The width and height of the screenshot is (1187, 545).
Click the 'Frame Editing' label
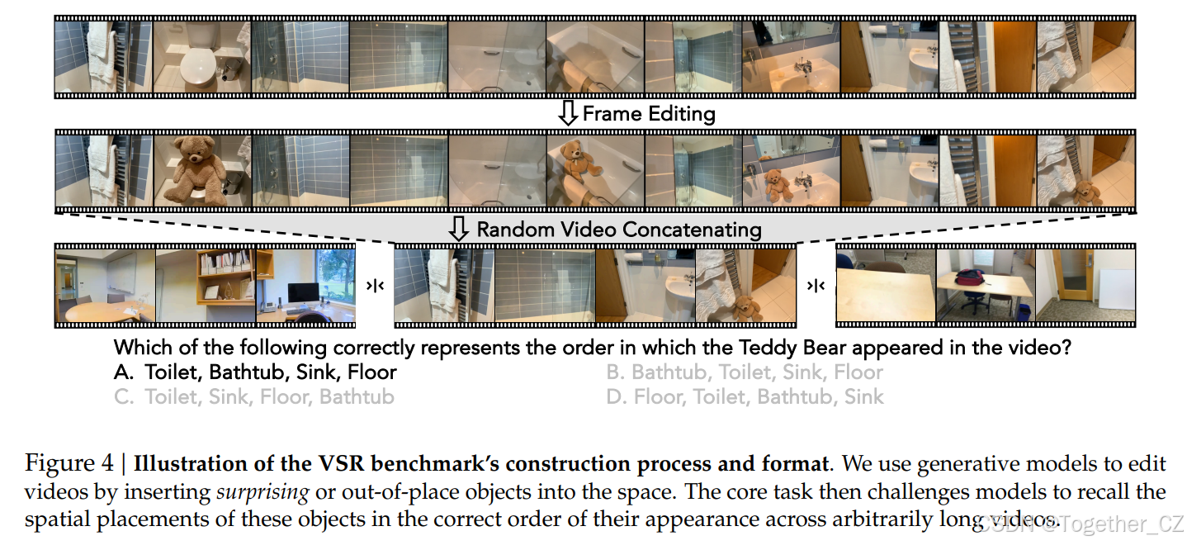648,114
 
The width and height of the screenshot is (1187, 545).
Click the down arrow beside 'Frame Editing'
567,114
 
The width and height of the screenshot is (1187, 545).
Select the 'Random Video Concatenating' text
618,229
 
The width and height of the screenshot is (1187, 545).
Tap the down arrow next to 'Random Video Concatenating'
458,229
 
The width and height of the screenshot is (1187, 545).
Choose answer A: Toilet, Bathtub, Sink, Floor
255,372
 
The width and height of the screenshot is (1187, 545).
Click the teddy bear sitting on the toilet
195,169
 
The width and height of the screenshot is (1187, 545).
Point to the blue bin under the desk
1022,312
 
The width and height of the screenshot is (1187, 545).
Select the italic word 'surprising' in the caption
262,492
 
